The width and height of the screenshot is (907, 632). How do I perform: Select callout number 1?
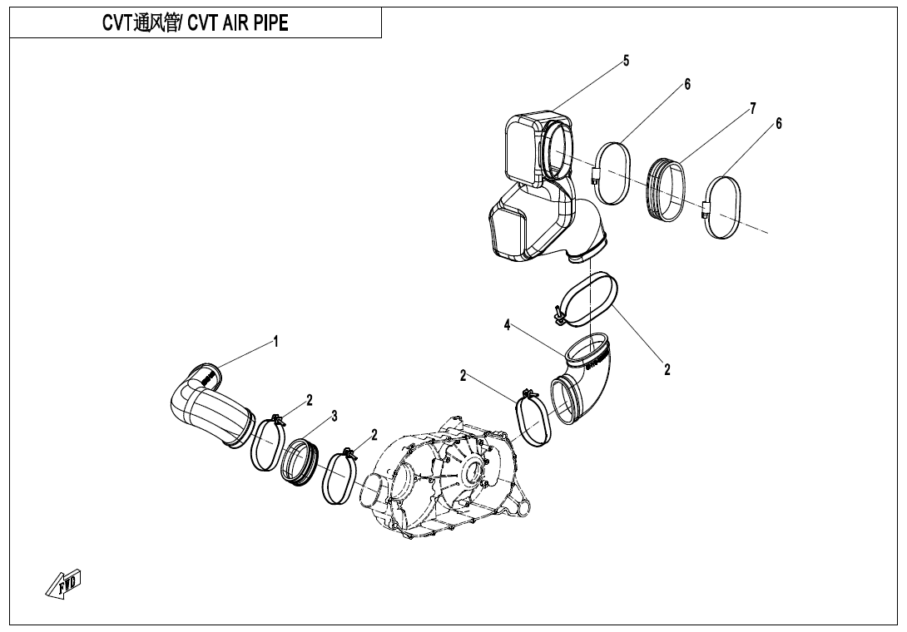click(276, 342)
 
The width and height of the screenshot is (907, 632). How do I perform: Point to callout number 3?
click(335, 416)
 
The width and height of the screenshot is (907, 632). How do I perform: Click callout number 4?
click(507, 325)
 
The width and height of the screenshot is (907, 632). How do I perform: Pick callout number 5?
click(626, 61)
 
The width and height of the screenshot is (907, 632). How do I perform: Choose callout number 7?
click(752, 108)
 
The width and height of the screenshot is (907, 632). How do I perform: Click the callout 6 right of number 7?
click(779, 123)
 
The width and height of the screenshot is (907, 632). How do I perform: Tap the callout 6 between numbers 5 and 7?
click(687, 84)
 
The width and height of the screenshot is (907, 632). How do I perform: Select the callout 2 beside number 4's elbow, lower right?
click(667, 370)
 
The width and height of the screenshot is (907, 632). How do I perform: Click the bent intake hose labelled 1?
click(208, 407)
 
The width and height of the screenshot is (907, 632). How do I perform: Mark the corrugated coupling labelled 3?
click(298, 462)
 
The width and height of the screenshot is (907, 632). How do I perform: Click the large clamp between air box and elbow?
click(589, 301)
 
